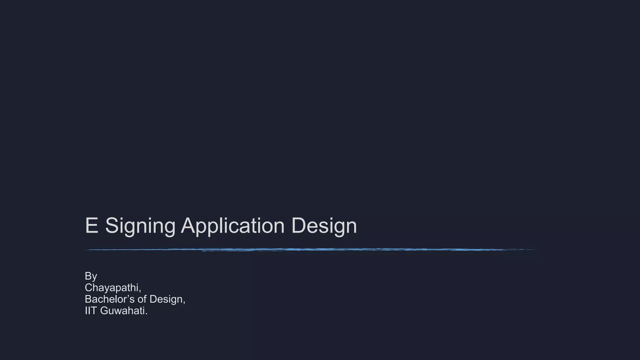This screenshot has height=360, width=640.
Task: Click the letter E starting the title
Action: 91,225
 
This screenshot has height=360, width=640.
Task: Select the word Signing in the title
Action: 140,226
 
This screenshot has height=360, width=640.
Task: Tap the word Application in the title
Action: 232,226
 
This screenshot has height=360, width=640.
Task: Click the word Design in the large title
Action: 324,226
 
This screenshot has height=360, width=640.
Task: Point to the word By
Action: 91,276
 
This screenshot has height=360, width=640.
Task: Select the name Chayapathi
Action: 112,287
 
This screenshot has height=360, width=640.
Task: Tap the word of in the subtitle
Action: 142,299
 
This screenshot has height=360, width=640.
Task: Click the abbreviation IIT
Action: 91,311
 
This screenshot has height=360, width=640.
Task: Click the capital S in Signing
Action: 111,225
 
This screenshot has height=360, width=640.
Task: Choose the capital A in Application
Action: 189,225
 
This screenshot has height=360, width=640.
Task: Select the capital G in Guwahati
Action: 104,311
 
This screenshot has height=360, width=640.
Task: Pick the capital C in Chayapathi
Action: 89,287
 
